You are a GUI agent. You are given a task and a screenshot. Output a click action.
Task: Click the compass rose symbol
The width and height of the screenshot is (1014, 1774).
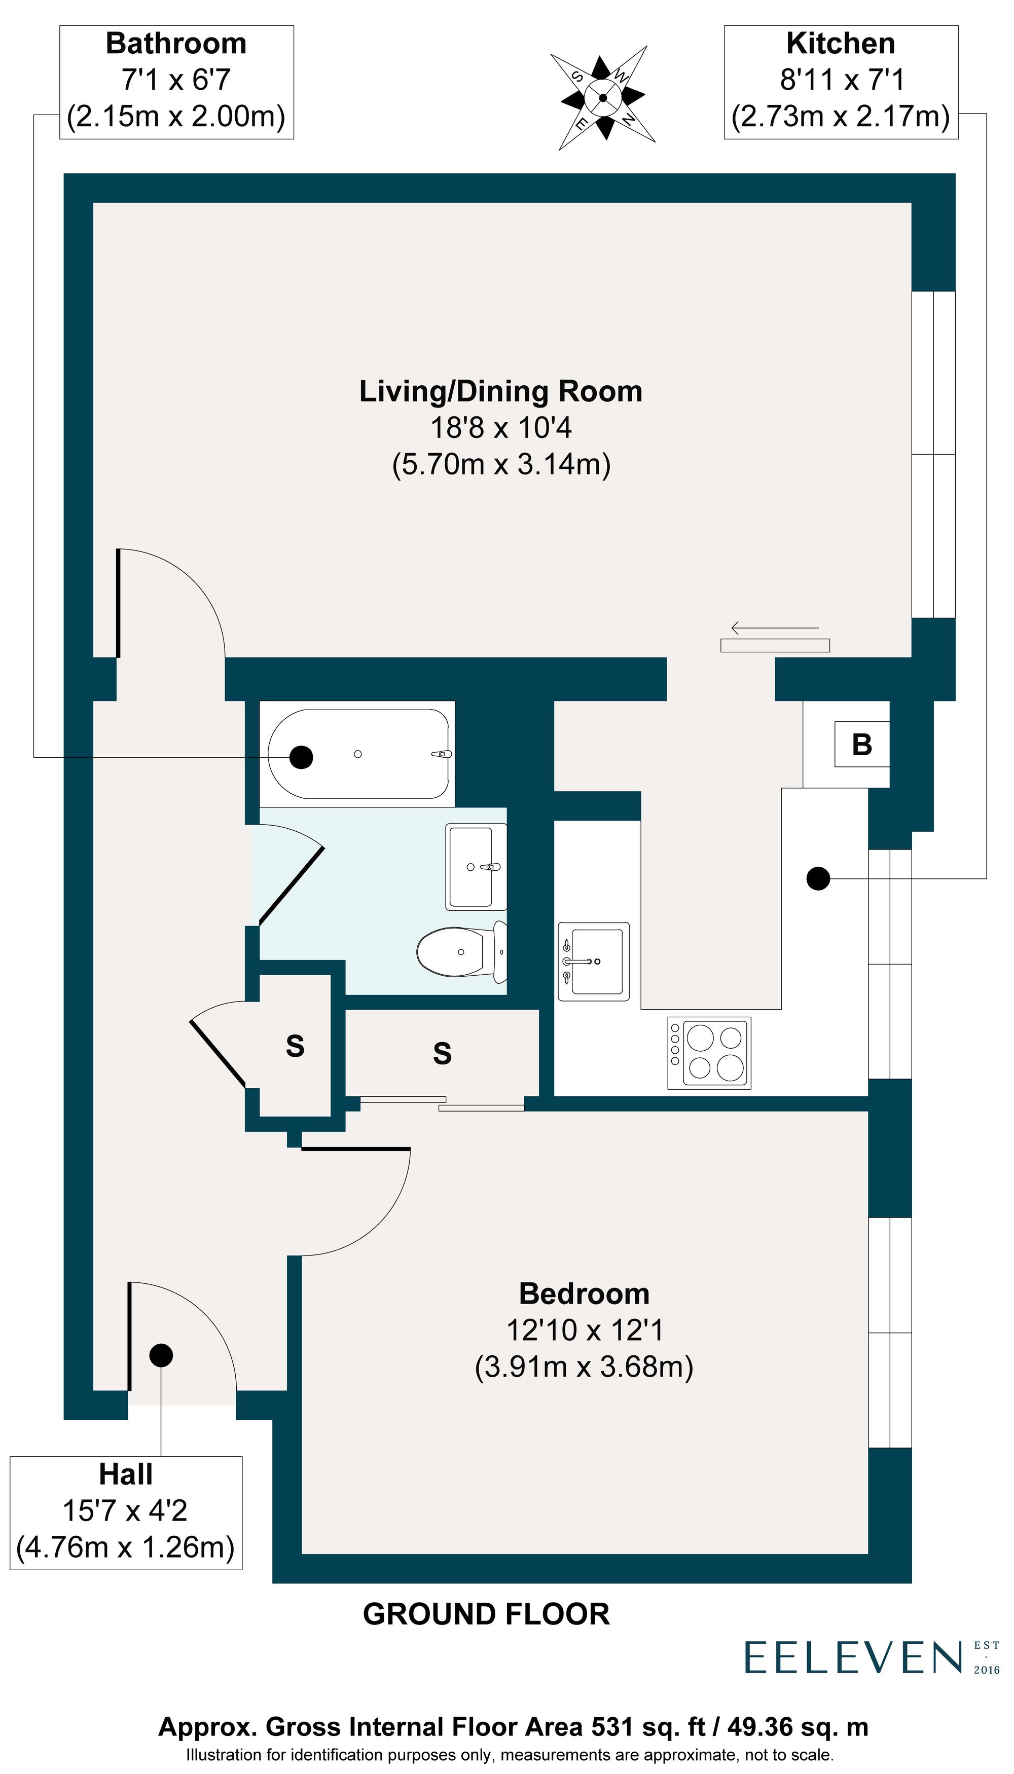point(603,98)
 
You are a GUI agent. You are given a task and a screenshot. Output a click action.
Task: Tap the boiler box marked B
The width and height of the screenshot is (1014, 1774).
point(862,744)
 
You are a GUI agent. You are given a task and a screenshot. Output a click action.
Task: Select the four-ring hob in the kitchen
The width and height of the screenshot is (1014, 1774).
point(709,1053)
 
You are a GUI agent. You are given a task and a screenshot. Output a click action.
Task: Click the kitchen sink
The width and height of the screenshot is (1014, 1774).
point(593,962)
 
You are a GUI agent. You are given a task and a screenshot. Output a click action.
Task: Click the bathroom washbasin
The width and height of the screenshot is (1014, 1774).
point(476,867)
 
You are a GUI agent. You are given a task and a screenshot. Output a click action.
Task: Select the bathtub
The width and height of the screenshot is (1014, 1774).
point(358,754)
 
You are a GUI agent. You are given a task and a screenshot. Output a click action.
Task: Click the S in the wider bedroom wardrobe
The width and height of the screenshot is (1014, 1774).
point(442,1053)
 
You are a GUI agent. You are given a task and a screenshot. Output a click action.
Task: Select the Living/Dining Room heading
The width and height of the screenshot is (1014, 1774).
point(500,391)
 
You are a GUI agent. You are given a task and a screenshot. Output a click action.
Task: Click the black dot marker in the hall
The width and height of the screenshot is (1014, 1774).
point(161,1355)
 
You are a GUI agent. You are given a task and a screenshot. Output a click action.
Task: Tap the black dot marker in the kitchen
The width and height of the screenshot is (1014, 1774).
point(818,879)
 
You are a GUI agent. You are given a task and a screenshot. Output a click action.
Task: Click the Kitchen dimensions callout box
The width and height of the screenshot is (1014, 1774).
point(841,82)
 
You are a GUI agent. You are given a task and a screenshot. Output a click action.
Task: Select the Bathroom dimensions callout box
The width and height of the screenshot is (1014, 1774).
point(176,82)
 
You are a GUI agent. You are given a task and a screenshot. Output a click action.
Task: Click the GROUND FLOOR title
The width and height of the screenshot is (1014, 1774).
point(486,1614)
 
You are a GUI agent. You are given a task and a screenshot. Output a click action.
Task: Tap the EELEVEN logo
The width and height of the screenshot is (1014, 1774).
point(854,1658)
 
